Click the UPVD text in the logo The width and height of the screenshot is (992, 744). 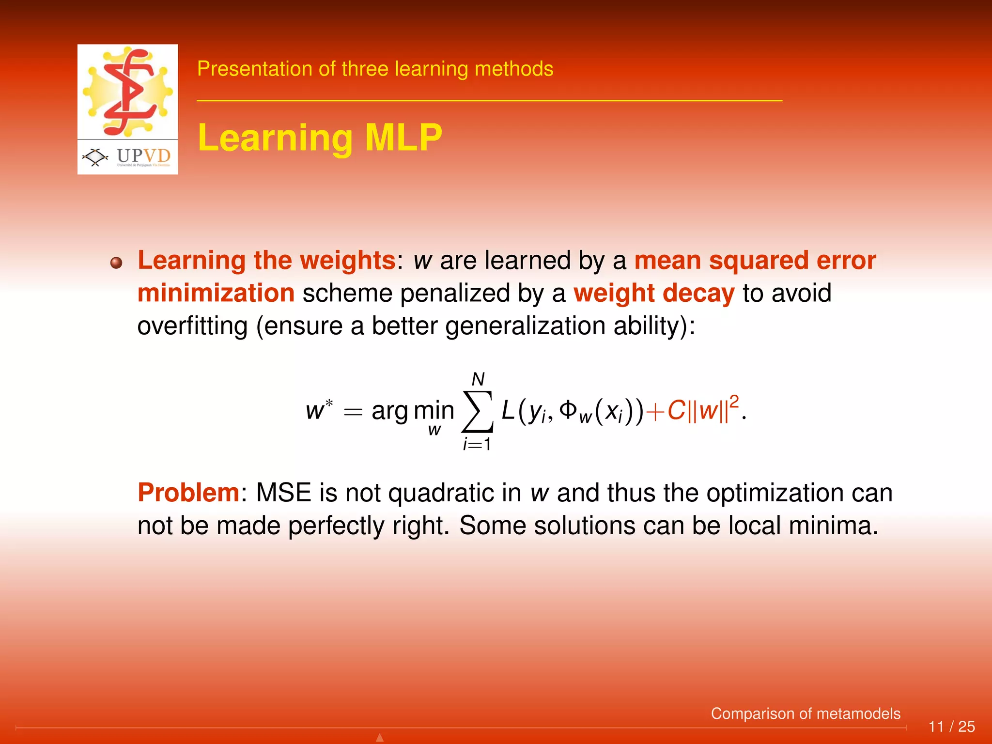(x=143, y=155)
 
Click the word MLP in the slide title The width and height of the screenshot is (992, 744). (x=403, y=138)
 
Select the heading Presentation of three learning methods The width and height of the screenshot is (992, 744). (x=375, y=69)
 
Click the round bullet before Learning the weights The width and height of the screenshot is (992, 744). (x=116, y=263)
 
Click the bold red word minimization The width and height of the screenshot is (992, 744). (x=216, y=293)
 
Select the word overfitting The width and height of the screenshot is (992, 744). (x=192, y=325)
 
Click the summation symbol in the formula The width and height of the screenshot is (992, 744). (x=478, y=411)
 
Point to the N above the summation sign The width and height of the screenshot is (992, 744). (x=478, y=379)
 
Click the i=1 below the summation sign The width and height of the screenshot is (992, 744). (x=477, y=444)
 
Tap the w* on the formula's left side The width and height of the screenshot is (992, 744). (x=319, y=410)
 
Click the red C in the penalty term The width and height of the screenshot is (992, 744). (x=676, y=411)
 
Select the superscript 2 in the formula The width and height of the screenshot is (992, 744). (x=734, y=402)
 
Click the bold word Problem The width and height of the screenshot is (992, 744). (x=188, y=493)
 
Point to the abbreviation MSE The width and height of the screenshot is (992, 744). (x=283, y=493)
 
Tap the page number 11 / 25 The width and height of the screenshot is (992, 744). (x=951, y=727)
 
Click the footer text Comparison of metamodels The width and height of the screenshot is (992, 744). (x=806, y=713)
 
